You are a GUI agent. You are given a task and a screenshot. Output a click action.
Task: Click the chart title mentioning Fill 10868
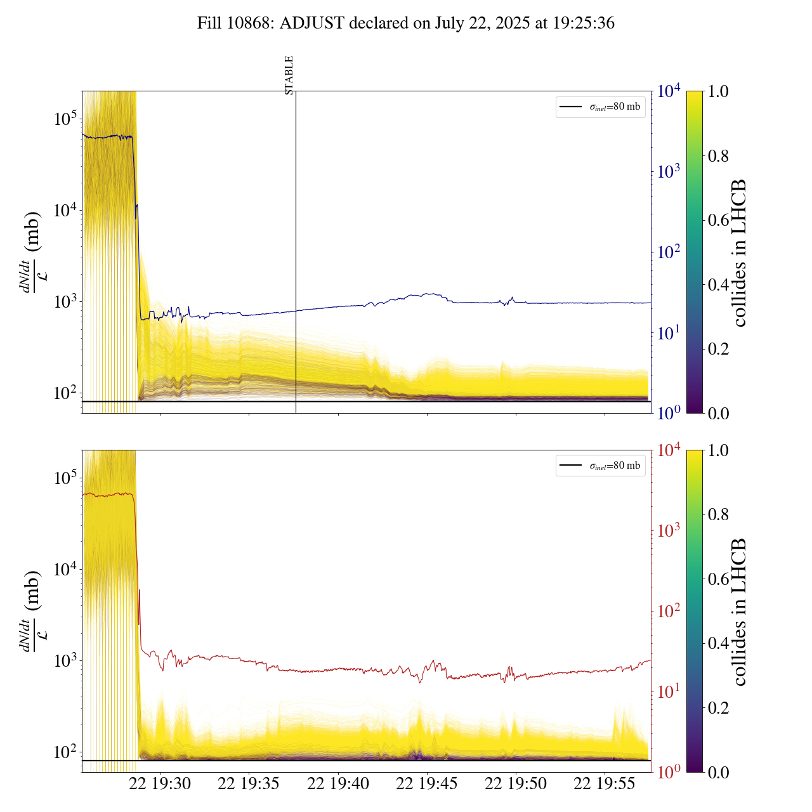click(x=406, y=23)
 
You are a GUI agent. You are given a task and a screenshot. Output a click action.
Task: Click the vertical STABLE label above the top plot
click(x=289, y=75)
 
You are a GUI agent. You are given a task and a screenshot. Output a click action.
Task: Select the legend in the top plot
click(x=600, y=107)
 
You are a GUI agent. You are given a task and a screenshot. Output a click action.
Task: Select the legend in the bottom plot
click(x=600, y=466)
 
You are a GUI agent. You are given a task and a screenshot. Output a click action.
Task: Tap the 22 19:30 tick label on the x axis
click(x=160, y=784)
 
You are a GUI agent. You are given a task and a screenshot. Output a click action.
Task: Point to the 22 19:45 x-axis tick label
click(x=427, y=784)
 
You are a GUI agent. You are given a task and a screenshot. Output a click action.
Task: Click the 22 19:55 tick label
click(x=605, y=784)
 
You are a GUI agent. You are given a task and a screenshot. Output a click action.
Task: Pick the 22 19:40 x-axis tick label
click(x=338, y=784)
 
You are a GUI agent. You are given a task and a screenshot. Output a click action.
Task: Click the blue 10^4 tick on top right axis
click(x=670, y=91)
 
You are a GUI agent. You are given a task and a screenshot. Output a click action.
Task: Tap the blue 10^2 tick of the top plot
click(x=670, y=252)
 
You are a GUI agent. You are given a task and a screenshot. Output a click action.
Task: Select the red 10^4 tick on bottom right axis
click(x=670, y=450)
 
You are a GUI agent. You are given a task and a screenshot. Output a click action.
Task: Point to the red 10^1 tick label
click(x=670, y=691)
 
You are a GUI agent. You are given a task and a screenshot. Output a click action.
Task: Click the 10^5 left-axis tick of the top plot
click(x=65, y=119)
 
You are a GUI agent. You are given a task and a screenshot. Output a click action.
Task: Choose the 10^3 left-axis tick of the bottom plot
click(x=65, y=660)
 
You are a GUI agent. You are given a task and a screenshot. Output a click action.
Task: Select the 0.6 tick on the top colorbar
click(x=718, y=220)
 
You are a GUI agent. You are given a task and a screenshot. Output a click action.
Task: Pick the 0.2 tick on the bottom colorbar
click(x=718, y=708)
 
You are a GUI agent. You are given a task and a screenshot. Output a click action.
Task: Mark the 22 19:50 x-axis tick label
click(x=516, y=784)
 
